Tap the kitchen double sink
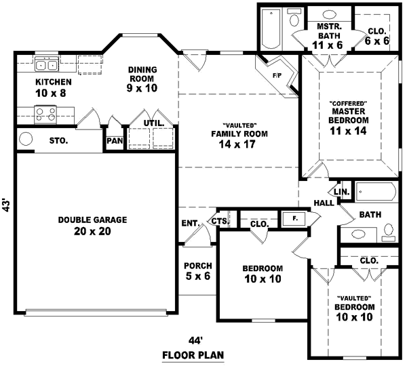click(45, 66)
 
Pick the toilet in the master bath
click(294, 16)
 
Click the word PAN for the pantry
click(113, 142)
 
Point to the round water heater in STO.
click(26, 140)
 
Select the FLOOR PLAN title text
click(193, 354)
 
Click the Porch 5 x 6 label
click(197, 271)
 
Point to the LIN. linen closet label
click(342, 192)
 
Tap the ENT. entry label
click(189, 222)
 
